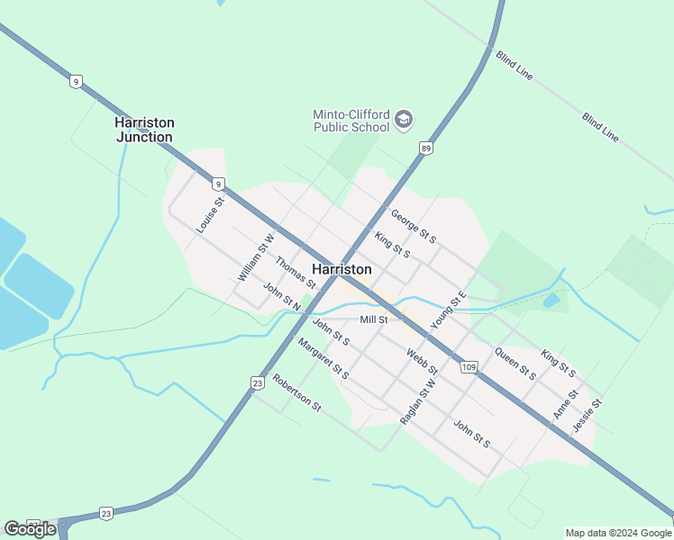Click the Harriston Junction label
coord(144,130)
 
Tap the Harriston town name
coord(342,269)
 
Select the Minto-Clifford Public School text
coord(351,121)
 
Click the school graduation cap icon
coord(404,119)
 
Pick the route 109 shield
coord(468,366)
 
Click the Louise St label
coord(209,215)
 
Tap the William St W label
coord(254,258)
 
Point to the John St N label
coord(282,298)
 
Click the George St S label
coord(414,226)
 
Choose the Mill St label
coord(373,319)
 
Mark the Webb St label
coord(421,362)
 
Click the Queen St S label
coord(515,363)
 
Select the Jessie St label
coord(587,415)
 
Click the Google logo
coord(30,528)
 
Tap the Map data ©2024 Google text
coord(618,533)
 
